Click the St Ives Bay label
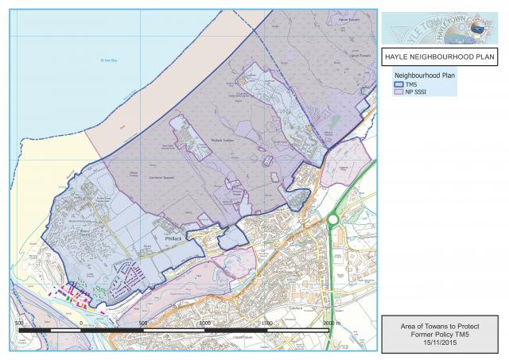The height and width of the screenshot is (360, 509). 108,60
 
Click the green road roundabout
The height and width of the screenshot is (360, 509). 332,219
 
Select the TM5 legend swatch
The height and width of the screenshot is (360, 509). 400,83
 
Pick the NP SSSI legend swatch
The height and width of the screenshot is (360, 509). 400,91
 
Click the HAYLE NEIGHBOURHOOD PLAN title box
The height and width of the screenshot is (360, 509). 440,57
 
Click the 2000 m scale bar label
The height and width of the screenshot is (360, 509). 332,323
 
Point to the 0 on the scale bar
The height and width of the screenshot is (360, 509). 81,323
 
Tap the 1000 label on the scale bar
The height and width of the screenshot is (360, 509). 204,323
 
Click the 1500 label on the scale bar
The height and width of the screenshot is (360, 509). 266,323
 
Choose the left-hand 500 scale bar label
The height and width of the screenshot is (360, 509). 19,323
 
